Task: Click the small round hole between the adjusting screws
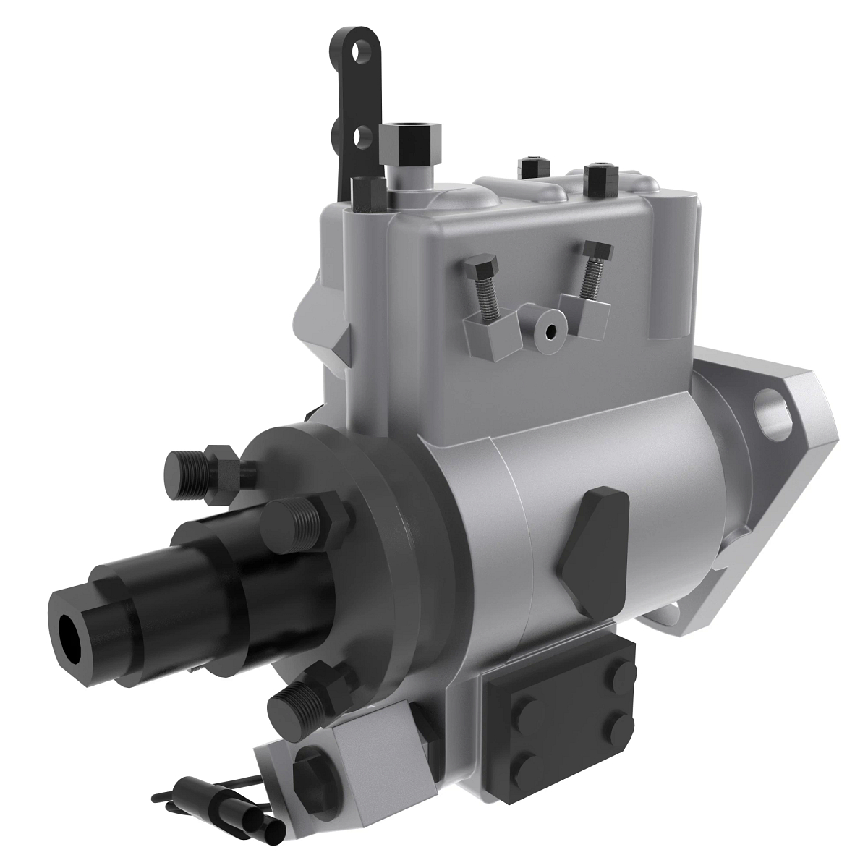[550, 332]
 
